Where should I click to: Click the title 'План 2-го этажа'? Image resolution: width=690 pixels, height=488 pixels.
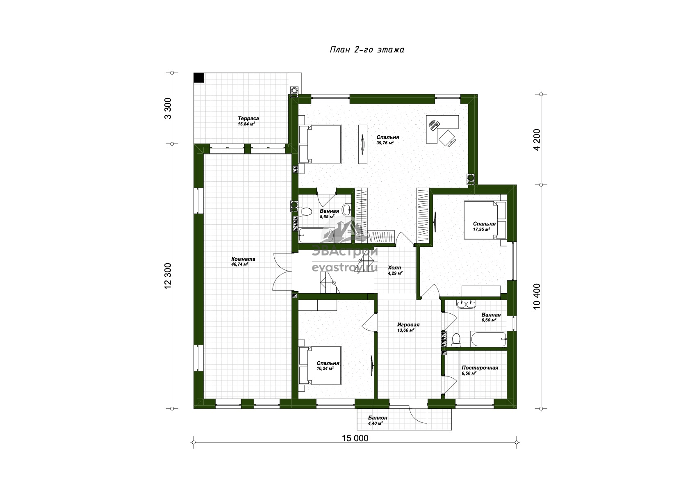(x=367, y=50)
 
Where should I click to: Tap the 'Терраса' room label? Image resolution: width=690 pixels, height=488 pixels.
(x=248, y=118)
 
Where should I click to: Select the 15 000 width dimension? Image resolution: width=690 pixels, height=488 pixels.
(x=355, y=438)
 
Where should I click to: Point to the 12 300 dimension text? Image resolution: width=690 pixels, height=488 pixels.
(x=168, y=276)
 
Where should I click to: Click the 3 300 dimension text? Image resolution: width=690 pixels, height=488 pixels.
(x=168, y=108)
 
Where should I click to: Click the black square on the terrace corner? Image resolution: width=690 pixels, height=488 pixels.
(x=199, y=78)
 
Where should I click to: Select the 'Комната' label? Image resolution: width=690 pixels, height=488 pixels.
(x=244, y=259)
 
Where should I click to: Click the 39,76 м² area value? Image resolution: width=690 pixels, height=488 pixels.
(x=385, y=143)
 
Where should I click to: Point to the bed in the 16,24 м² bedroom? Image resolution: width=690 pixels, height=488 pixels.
(x=320, y=365)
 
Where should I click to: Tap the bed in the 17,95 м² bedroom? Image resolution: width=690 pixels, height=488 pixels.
(x=485, y=220)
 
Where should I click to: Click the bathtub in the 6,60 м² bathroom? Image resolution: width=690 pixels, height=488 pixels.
(x=488, y=339)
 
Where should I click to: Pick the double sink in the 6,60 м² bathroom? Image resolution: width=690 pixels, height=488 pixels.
(x=466, y=304)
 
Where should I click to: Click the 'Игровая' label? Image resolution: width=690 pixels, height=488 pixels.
(x=408, y=325)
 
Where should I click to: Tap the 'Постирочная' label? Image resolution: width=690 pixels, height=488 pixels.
(x=480, y=368)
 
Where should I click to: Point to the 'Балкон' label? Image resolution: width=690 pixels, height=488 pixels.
(x=378, y=418)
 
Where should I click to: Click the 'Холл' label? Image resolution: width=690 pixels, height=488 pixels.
(x=394, y=268)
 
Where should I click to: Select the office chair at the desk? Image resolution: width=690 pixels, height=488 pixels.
(x=447, y=138)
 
